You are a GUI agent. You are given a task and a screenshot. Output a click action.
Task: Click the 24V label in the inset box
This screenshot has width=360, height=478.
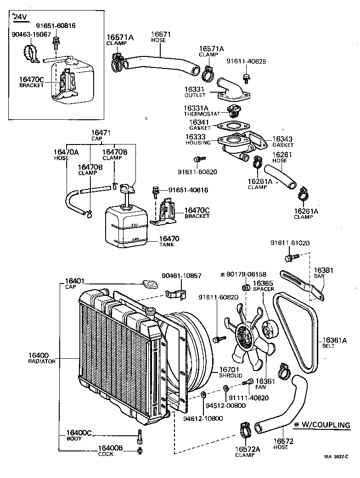[x=20, y=17]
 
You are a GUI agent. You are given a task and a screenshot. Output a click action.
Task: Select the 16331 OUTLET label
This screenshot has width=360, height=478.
[x=195, y=92]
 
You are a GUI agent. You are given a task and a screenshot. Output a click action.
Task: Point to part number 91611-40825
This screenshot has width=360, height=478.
[x=246, y=61]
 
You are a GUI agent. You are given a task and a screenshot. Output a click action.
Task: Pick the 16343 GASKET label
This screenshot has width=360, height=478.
[x=282, y=141]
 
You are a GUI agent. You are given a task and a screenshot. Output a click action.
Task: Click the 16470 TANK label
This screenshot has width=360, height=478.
[x=169, y=241]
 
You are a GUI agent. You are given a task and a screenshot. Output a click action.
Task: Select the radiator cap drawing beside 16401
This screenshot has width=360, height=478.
[x=150, y=284]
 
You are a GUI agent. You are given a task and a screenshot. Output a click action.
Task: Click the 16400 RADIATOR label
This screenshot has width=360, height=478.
[x=42, y=358]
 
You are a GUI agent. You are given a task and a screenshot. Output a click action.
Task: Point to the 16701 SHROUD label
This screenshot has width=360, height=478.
[x=230, y=372]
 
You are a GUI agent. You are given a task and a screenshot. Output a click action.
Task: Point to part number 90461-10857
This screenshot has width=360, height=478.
[x=181, y=276]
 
